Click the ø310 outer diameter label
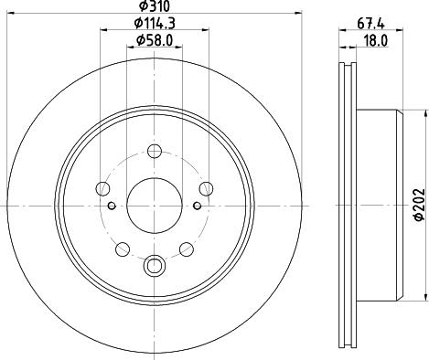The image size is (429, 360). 153,6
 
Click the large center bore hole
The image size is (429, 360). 154,203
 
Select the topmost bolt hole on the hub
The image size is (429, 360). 154,151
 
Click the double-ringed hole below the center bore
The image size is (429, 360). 154,266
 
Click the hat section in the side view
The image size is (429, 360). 380,203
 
